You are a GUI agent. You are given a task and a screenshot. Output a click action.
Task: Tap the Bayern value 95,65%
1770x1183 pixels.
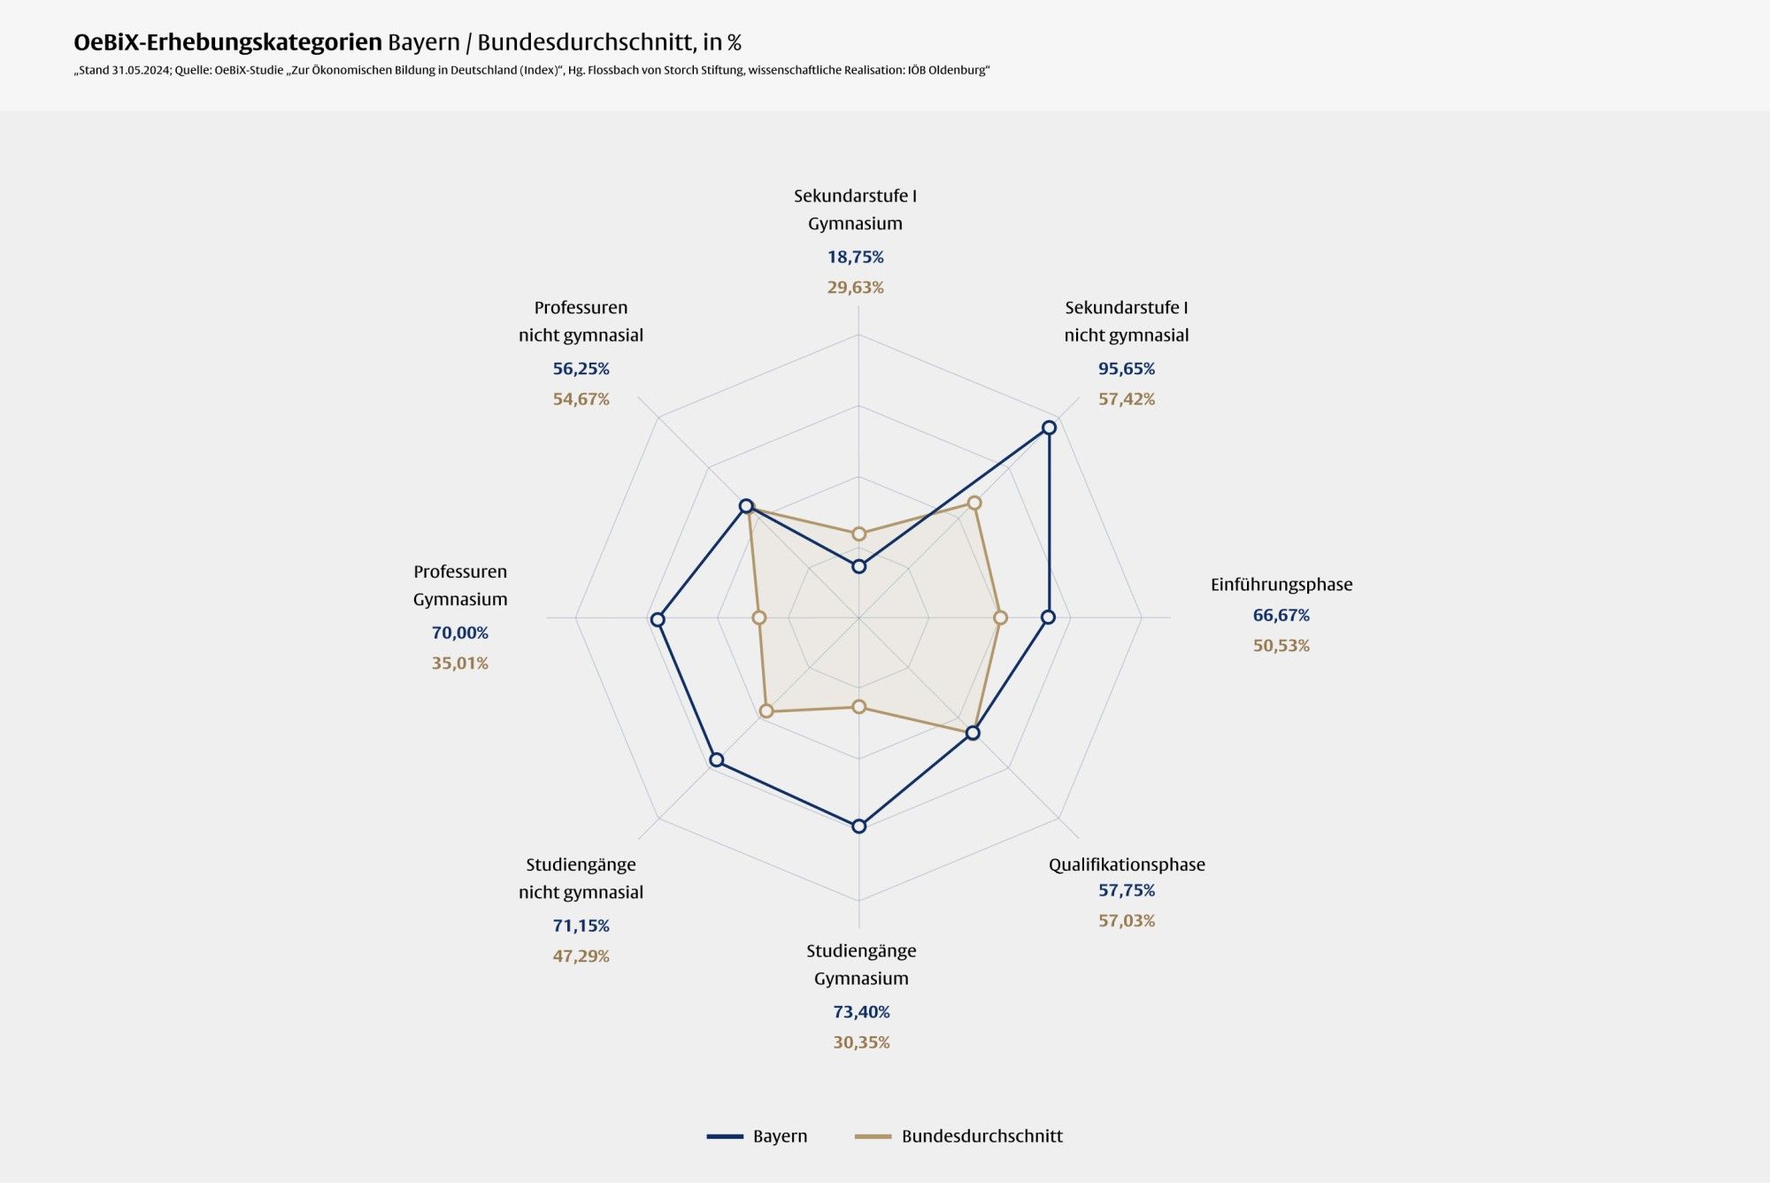tap(1126, 368)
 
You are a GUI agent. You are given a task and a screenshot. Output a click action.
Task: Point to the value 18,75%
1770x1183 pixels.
tap(855, 257)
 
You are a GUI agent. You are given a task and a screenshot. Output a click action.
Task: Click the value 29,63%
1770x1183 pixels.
tap(855, 288)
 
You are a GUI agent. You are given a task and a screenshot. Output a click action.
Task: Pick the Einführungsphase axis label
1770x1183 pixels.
tap(1281, 584)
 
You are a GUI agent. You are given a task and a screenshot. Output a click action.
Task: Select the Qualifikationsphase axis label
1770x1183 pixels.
tap(1126, 864)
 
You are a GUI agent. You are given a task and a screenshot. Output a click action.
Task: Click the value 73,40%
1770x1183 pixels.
tap(861, 1011)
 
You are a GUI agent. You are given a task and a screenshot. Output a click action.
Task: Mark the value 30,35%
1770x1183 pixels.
tap(861, 1042)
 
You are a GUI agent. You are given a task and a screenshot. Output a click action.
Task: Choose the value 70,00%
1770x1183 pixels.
tap(459, 633)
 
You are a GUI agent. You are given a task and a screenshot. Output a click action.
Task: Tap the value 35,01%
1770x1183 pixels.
tap(459, 663)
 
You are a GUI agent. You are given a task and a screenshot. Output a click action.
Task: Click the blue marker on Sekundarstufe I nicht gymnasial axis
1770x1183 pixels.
tap(1049, 427)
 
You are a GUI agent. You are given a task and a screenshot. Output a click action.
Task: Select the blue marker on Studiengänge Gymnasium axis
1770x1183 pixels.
tap(858, 826)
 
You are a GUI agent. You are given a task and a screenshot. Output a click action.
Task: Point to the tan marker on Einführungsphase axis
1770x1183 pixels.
tap(1001, 618)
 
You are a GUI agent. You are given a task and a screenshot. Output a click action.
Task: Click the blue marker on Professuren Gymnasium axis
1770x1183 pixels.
tap(658, 619)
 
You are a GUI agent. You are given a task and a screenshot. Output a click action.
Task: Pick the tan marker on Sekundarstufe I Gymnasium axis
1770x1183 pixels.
tap(858, 534)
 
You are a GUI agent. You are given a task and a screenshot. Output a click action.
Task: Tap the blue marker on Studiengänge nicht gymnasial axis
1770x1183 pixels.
tap(717, 760)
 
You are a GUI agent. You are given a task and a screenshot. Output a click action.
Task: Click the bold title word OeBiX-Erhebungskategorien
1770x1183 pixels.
tap(227, 42)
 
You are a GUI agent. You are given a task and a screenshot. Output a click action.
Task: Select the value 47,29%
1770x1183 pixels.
tap(581, 956)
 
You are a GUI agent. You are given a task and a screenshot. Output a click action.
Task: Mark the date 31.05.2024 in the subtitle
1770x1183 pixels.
tap(141, 71)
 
